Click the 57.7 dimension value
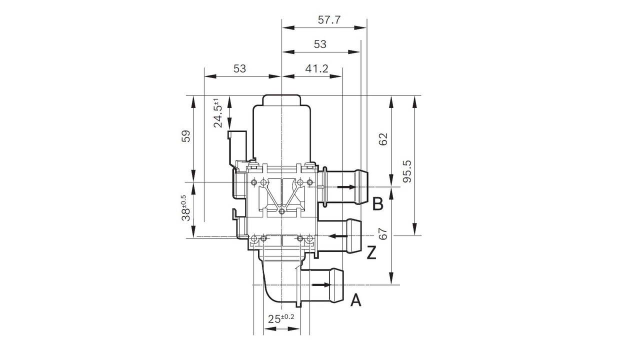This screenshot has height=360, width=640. point(329,20)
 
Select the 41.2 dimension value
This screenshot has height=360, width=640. point(317,68)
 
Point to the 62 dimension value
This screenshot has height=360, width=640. point(383,139)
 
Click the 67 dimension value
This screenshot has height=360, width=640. point(383,234)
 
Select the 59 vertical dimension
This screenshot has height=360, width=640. point(185,136)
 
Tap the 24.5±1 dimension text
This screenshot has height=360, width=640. point(218,113)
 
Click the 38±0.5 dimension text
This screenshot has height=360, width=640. point(185,208)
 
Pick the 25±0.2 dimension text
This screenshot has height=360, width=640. point(281,318)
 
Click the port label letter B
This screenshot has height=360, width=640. point(378,203)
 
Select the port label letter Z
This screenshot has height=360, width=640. point(371,253)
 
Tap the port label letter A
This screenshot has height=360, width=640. point(355,300)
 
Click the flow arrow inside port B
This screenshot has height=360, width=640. point(346,187)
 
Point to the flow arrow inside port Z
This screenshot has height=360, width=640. point(338,235)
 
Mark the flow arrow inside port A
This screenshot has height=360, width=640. point(321,285)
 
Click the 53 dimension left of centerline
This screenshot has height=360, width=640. point(240,68)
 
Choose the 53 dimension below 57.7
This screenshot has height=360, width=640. point(320,44)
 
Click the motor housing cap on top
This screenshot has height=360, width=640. point(281,100)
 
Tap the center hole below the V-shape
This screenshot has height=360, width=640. point(282,212)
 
